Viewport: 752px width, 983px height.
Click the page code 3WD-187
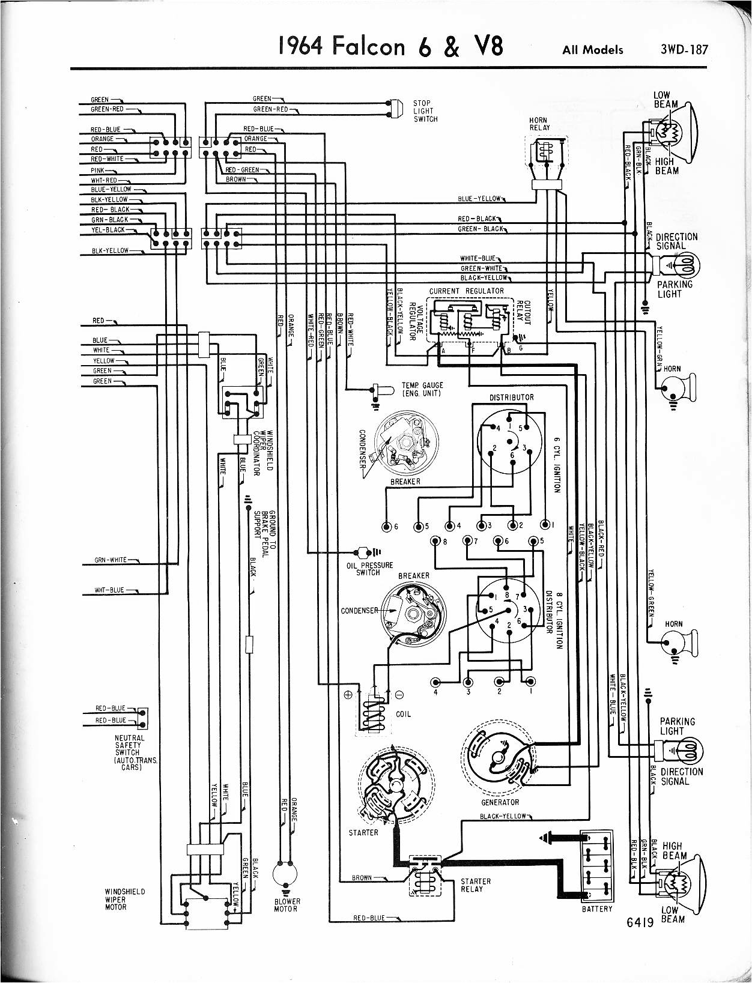click(x=684, y=49)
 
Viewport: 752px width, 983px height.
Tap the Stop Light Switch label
click(x=425, y=111)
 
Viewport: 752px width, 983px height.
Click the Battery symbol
click(x=596, y=865)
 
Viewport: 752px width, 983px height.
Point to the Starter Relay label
click(x=475, y=885)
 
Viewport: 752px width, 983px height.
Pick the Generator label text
click(x=500, y=802)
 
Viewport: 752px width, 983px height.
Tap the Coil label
click(x=403, y=714)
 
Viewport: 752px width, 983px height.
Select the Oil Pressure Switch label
click(x=369, y=569)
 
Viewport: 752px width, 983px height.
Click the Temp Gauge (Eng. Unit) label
click(x=422, y=389)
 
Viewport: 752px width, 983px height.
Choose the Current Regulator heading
click(x=466, y=291)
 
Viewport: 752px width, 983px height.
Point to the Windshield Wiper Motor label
click(x=125, y=899)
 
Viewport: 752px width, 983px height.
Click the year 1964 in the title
click(x=302, y=47)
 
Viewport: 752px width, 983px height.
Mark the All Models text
click(x=592, y=50)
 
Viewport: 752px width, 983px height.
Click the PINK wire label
click(x=98, y=171)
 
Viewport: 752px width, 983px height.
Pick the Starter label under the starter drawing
click(x=363, y=832)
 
